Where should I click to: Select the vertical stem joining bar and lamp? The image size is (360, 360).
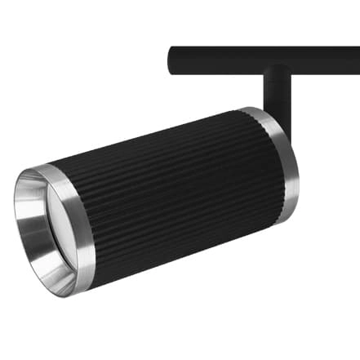[276, 94]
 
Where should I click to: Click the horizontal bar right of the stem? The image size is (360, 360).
[327, 60]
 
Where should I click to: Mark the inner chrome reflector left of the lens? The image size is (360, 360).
[29, 229]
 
